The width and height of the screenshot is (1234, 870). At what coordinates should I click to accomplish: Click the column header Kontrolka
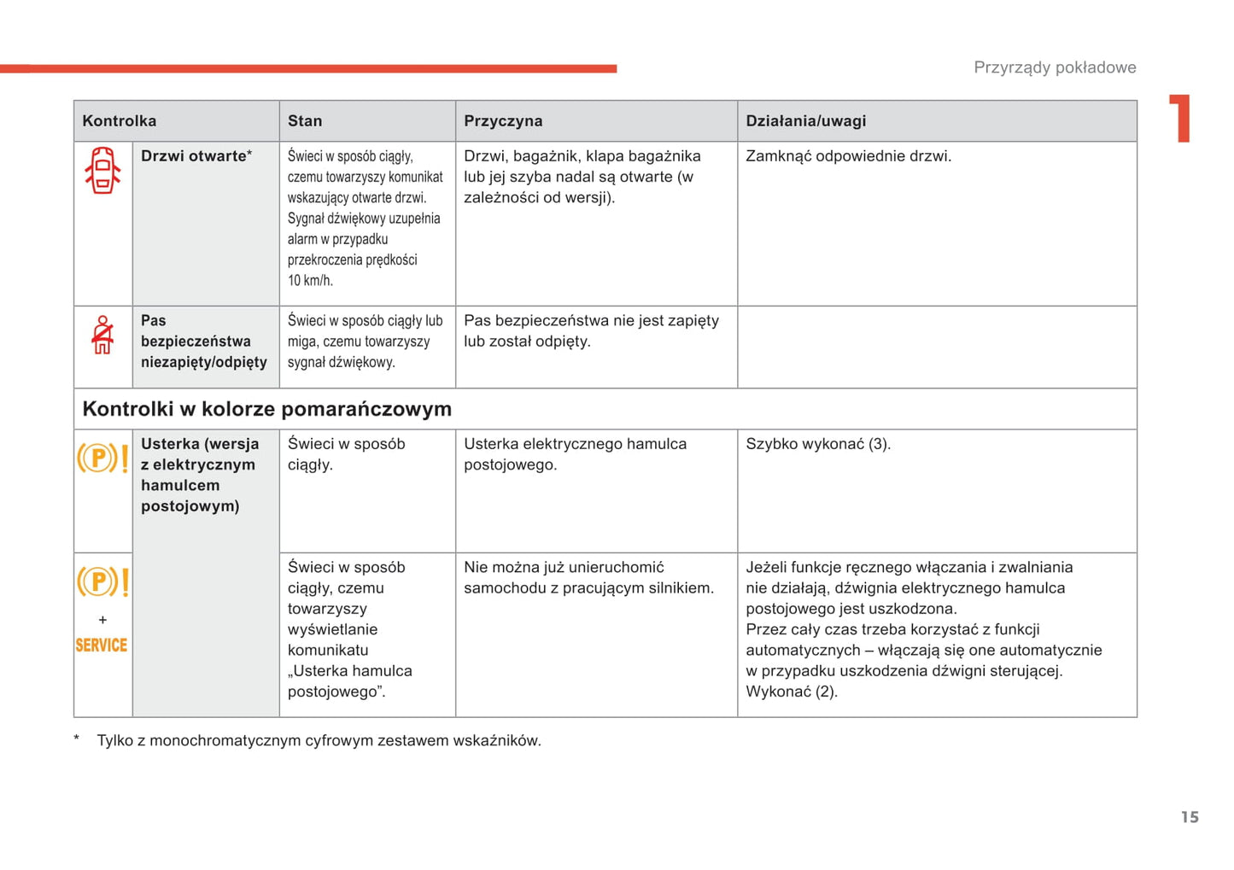click(x=120, y=121)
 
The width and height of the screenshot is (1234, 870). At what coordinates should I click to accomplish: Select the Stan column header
click(x=305, y=121)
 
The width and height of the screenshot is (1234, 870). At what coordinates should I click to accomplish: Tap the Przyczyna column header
click(x=503, y=121)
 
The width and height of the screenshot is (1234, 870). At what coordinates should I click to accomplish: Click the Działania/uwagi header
click(x=805, y=121)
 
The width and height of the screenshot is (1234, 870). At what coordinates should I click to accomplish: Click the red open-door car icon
click(x=102, y=171)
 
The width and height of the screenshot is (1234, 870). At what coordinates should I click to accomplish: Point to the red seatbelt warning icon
click(x=102, y=335)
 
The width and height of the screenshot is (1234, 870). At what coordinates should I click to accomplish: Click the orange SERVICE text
click(x=102, y=645)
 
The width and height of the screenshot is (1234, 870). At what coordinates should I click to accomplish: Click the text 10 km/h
click(x=310, y=280)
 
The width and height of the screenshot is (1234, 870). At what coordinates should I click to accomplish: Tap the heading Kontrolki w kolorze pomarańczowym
click(x=266, y=409)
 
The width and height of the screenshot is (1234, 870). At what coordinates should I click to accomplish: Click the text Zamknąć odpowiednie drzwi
click(x=848, y=156)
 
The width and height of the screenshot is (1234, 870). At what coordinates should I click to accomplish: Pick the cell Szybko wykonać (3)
click(x=817, y=444)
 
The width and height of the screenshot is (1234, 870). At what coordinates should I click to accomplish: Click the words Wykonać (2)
click(x=791, y=692)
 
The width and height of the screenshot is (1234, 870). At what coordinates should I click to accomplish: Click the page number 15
click(x=1190, y=817)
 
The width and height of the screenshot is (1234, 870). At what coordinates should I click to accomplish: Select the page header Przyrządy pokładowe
click(x=1055, y=67)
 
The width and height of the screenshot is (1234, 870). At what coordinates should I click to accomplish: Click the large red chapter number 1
click(x=1180, y=119)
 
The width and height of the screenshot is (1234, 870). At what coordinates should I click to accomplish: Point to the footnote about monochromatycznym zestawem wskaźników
click(x=319, y=740)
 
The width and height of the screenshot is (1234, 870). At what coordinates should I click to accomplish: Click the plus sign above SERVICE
click(x=102, y=620)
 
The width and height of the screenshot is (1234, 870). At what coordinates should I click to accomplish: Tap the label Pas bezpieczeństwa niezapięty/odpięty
click(x=203, y=342)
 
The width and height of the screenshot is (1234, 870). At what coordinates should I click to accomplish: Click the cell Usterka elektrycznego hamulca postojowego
click(x=575, y=454)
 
